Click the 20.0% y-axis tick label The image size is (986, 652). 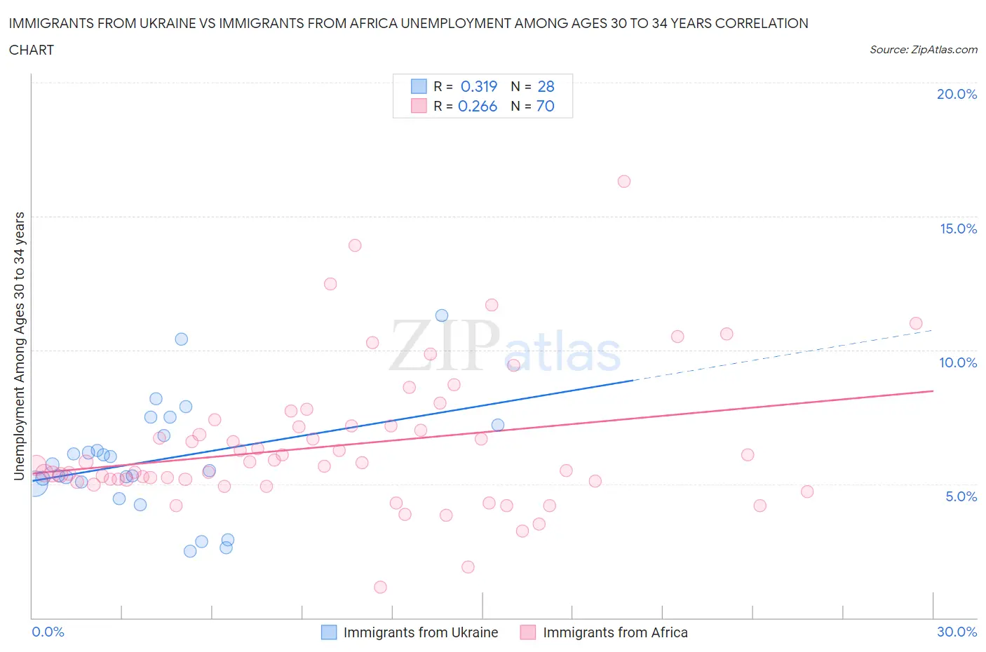957,94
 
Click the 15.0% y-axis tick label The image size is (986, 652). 958,229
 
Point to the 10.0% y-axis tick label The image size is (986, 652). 958,362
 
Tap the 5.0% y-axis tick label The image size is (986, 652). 961,496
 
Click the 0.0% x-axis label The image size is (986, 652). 48,632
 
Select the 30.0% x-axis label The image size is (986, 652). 957,632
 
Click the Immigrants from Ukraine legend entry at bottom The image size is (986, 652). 420,632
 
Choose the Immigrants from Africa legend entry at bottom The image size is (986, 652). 614,632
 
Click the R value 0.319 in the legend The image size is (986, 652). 479,86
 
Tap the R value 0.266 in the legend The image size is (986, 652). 478,106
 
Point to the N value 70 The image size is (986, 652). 545,106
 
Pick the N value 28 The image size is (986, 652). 546,86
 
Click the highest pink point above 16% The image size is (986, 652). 624,182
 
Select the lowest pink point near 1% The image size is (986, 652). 380,587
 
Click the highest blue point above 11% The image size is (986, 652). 442,315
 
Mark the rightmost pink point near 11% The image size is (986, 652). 916,323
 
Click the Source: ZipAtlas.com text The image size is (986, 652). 923,50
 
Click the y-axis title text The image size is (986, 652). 20,346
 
